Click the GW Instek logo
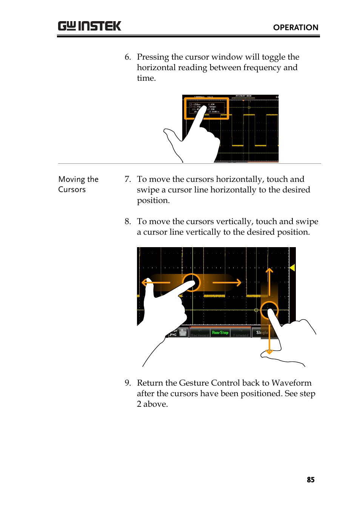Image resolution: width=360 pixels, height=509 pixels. pos(89,26)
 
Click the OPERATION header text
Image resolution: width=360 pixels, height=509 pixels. pos(295,28)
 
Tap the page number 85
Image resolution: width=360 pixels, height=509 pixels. pos(311,480)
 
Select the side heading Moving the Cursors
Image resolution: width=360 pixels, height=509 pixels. pos(78,184)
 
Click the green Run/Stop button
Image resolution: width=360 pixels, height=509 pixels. pos(220,332)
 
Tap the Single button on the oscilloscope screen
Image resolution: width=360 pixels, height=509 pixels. pos(262,332)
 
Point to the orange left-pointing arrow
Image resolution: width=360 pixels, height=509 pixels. pos(145,282)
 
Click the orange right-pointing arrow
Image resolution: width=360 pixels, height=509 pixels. pos(238,282)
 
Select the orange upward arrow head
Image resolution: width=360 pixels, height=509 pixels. pos(269,271)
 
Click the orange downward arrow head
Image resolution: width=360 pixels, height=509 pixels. pos(269,352)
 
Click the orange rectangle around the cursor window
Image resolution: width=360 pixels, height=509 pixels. pos(206,109)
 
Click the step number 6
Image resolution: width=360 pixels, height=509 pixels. pos(128,57)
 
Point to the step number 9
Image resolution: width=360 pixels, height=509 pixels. pos(128,383)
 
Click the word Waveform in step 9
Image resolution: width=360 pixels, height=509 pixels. pos(291,383)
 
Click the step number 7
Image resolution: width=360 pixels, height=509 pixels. pos(128,179)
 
